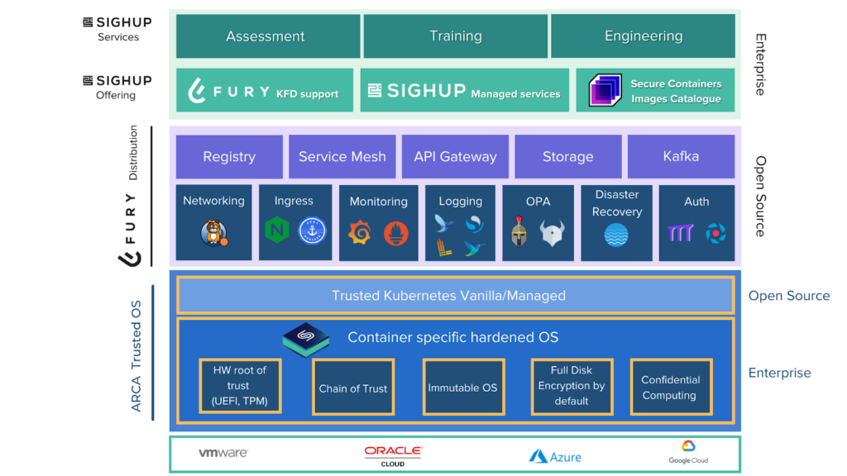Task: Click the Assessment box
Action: click(266, 36)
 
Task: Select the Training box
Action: click(455, 36)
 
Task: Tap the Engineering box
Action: click(643, 36)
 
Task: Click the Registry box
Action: click(229, 156)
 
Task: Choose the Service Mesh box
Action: click(342, 156)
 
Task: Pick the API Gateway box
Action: click(455, 156)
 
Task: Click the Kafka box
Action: click(680, 156)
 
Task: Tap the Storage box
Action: click(567, 156)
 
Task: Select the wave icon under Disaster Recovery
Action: click(616, 236)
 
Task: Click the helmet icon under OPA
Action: click(519, 232)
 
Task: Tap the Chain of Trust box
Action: click(353, 388)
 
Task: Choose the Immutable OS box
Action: click(462, 388)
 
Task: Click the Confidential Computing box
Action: click(670, 388)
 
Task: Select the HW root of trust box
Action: click(240, 387)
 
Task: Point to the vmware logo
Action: click(223, 454)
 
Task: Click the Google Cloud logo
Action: click(688, 453)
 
